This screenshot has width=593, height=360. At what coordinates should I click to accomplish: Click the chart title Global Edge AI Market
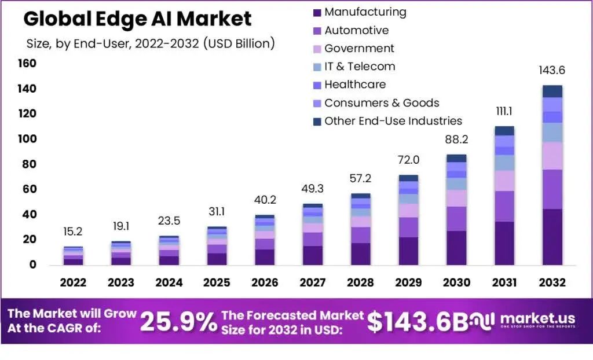(x=137, y=19)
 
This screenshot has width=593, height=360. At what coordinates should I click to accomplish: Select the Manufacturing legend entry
(x=365, y=12)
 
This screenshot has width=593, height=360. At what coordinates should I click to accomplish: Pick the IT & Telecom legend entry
(x=360, y=67)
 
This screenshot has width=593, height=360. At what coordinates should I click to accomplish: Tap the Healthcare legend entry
(x=354, y=85)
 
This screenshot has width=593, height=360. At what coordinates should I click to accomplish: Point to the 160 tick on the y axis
(x=27, y=63)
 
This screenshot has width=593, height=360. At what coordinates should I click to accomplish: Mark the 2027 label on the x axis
(x=313, y=283)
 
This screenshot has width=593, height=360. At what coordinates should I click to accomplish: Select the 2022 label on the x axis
(x=73, y=283)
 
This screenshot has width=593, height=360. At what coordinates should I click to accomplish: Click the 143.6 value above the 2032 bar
(x=552, y=71)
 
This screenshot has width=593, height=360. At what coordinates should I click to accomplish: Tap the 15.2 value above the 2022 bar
(x=73, y=232)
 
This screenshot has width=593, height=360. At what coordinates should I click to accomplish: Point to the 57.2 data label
(x=361, y=178)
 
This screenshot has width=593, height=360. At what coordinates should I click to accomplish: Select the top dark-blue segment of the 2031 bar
(x=504, y=131)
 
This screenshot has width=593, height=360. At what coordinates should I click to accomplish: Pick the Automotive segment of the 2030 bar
(x=456, y=219)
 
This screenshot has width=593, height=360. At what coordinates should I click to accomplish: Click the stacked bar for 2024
(x=169, y=250)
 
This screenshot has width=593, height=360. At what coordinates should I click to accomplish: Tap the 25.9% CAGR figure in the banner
(x=178, y=322)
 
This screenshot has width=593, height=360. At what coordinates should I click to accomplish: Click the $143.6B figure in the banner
(x=418, y=322)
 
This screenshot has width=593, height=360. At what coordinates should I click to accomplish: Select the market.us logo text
(x=537, y=319)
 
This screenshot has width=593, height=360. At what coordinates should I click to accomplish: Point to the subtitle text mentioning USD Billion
(x=151, y=43)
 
